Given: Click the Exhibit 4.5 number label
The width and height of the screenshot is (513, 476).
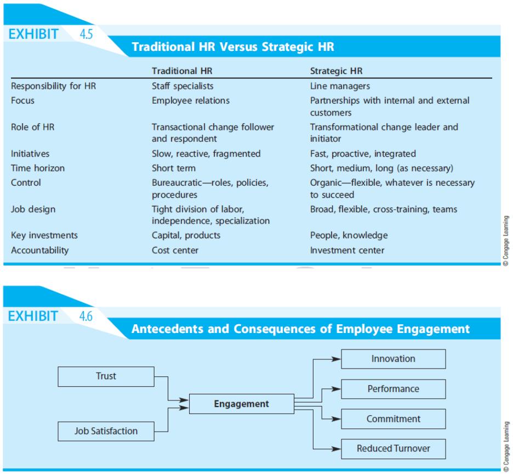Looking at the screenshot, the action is coord(86,34).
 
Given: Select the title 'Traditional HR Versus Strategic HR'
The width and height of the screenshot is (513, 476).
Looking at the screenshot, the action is coord(233,47).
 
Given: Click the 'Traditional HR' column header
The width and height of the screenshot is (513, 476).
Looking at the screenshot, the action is coord(182,71).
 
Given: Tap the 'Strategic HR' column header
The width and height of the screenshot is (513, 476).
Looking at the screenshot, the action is coord(337,71).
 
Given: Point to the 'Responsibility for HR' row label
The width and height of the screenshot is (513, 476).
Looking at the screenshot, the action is coord(53,86).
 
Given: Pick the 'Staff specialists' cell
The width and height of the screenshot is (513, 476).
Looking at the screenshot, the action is coord(183,86).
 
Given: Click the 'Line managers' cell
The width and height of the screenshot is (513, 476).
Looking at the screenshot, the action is coord(340,86).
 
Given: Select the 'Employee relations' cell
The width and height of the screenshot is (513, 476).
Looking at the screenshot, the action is coord(191,100).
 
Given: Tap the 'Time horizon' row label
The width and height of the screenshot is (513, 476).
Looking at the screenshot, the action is coord(38,168).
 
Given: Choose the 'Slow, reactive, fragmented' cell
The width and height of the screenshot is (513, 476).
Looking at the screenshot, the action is coord(206,154).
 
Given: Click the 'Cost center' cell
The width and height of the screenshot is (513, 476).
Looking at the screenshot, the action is coord(175,250).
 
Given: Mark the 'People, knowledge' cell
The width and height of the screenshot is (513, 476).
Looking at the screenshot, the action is coord(349,236).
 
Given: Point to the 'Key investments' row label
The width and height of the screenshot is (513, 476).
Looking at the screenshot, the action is coord(44,236).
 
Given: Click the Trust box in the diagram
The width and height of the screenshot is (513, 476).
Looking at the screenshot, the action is coord(106,376).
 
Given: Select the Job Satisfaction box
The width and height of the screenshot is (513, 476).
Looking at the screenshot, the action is coord(106,431).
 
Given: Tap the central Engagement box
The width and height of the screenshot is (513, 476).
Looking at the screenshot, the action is coord(242,404).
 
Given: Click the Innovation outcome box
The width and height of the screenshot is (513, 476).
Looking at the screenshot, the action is coord(394,359).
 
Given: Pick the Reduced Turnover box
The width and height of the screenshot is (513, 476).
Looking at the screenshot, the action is coord(394,449).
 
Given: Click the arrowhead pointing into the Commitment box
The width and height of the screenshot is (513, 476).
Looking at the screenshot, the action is coord(337,419).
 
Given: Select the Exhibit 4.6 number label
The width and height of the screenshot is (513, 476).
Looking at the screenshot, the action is coord(86,316).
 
